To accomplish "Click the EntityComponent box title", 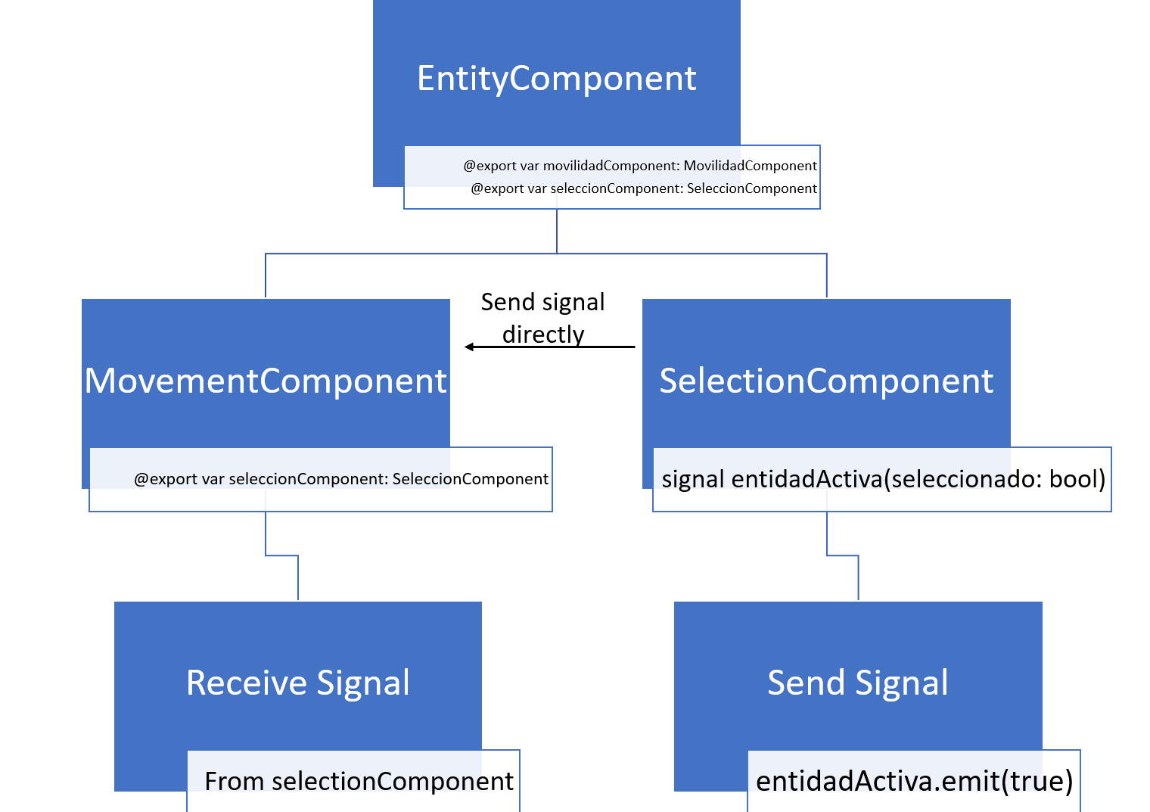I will click(x=556, y=79).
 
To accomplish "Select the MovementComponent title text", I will click(x=266, y=381).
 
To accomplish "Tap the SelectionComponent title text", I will click(x=825, y=381).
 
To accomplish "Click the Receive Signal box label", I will click(x=297, y=683).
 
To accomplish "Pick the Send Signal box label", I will click(x=857, y=683).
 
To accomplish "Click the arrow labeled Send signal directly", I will click(x=552, y=347).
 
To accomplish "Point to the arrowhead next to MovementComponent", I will click(x=469, y=347).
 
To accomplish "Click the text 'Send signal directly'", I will click(x=542, y=318).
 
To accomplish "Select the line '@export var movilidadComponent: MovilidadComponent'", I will click(x=640, y=166).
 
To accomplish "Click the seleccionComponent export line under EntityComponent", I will click(x=644, y=188).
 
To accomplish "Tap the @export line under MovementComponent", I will click(x=340, y=479).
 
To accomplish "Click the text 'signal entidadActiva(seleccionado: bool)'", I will click(x=883, y=479).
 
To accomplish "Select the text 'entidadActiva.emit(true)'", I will click(x=914, y=781).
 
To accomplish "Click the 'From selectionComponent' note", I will click(x=359, y=781).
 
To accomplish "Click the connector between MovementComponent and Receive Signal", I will click(x=281, y=555).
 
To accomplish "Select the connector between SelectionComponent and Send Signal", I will click(x=842, y=555).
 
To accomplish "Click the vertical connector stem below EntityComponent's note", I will click(x=557, y=231).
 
